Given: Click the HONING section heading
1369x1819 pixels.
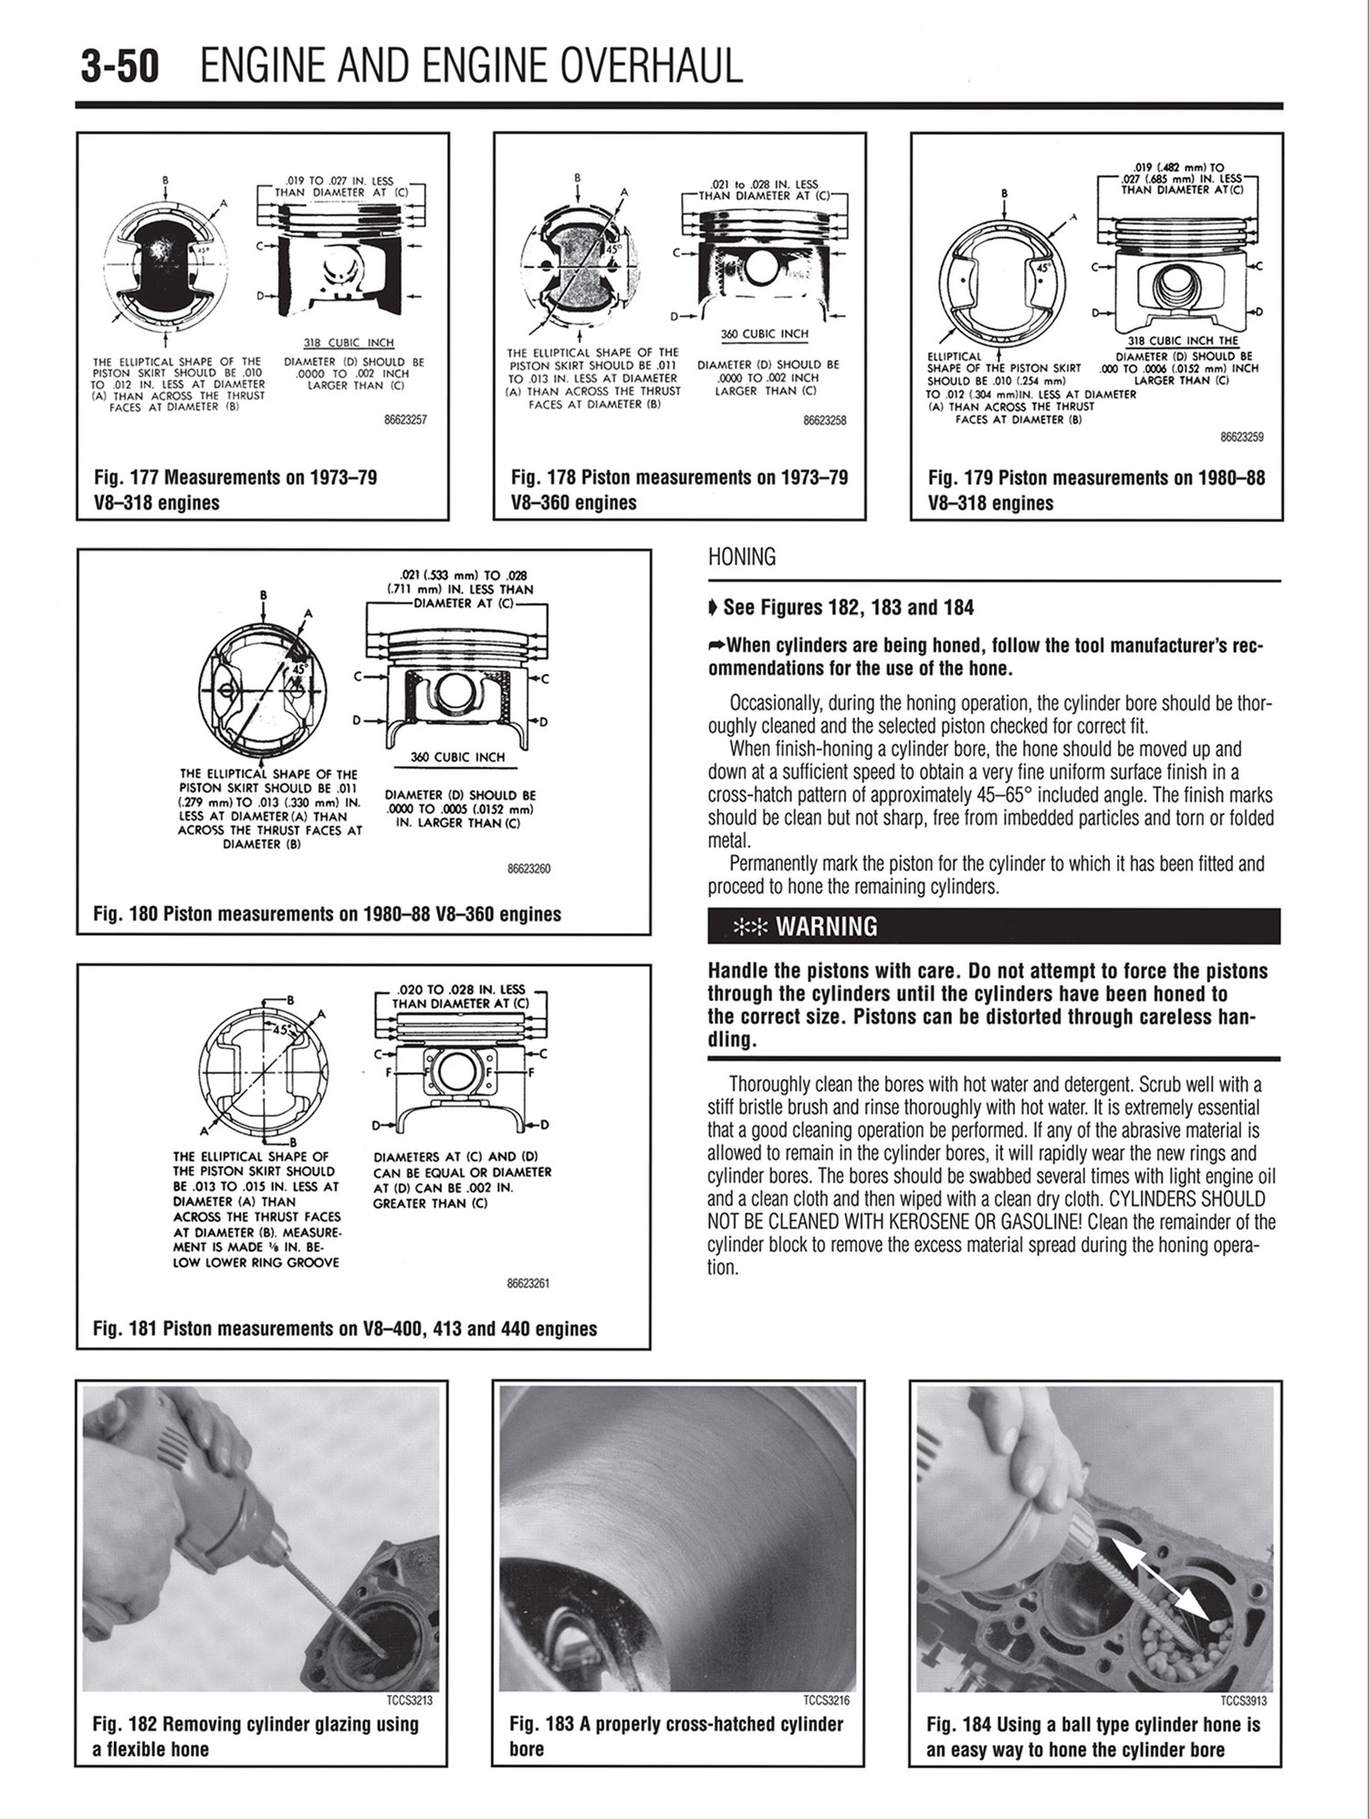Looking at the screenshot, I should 741,557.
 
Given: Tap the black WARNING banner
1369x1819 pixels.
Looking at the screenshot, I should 993,926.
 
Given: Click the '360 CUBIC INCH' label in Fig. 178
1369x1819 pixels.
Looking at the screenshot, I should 764,334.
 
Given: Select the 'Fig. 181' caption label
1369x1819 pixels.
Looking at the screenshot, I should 125,1329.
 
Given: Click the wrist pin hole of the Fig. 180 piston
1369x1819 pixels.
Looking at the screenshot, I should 454,696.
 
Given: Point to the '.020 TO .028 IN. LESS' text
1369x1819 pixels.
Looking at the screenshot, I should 462,989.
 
